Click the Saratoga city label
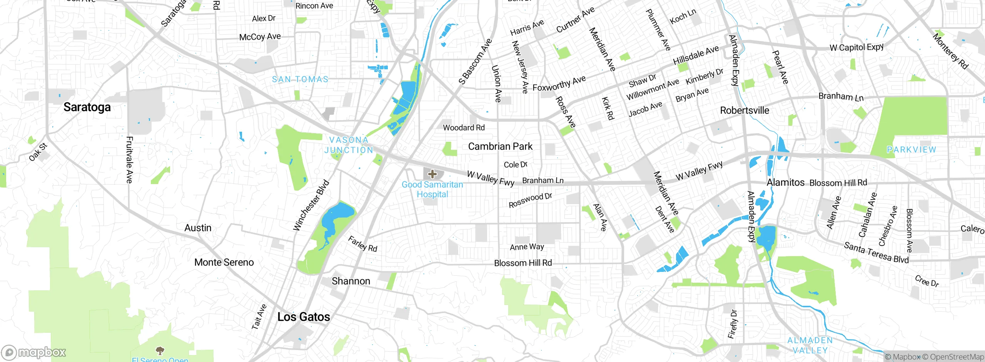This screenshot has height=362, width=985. click(87, 107)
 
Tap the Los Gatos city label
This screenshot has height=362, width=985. click(304, 317)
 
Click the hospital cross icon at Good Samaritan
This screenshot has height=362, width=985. click(432, 174)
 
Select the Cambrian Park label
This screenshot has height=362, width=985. click(500, 146)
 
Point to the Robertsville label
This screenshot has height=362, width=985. click(744, 111)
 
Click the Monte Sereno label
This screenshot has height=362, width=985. click(224, 262)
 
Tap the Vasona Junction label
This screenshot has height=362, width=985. click(349, 145)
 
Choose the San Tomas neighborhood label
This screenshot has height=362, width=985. click(300, 79)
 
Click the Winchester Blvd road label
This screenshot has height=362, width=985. click(311, 205)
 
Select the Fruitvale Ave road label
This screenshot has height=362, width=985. click(129, 159)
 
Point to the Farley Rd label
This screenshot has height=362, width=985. click(362, 244)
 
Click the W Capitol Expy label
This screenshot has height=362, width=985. click(856, 47)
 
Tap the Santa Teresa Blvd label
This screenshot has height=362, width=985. click(876, 253)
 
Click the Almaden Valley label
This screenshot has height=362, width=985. click(810, 345)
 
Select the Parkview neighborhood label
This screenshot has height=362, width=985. click(911, 149)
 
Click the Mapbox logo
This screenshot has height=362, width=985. click(33, 352)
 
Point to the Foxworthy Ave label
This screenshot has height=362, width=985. click(559, 83)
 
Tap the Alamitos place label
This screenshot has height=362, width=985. click(785, 182)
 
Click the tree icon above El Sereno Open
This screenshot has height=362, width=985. click(160, 350)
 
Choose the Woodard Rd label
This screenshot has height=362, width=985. click(464, 127)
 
